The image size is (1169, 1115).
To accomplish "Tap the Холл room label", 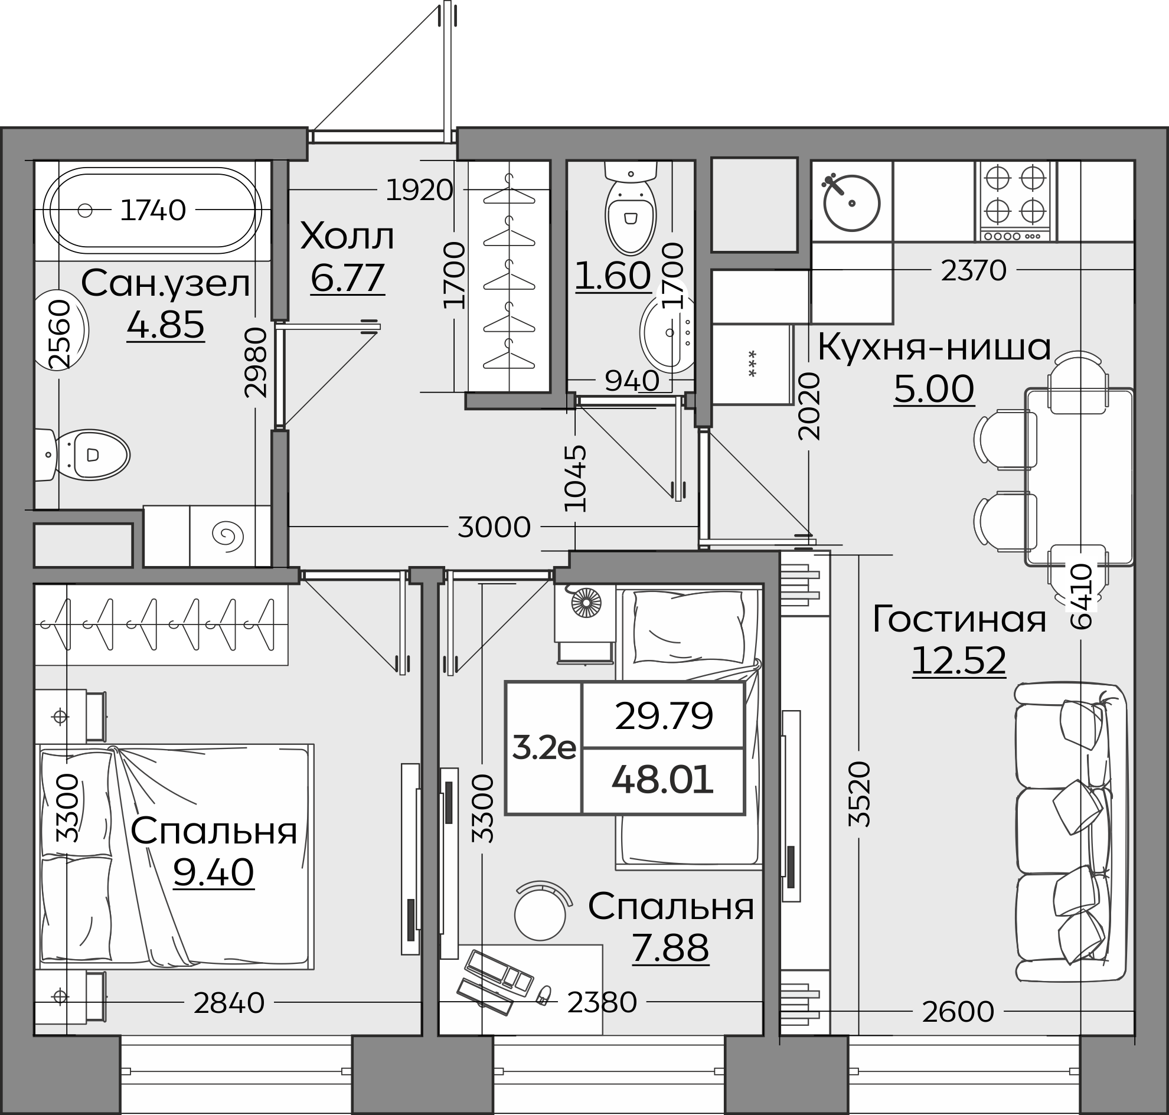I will pos(347,237).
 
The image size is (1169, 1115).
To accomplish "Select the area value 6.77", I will pos(348,277).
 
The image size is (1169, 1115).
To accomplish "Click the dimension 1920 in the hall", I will pos(419,190).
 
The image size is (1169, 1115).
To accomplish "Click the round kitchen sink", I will pos(851,202).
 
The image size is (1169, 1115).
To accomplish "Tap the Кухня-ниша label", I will pos(934,348).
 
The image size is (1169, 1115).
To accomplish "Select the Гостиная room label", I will pos(959,619).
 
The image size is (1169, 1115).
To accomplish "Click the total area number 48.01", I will pos(662,780).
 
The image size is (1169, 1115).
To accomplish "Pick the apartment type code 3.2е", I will pos(544,747).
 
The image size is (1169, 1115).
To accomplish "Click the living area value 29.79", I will pos(664,715).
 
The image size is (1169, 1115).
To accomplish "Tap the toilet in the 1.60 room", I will pos(631,214).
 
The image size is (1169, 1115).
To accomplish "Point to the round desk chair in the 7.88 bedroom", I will pos(540,915).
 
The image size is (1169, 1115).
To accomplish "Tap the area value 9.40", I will pos(214,872).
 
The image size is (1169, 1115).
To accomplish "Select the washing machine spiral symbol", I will pos(228,536).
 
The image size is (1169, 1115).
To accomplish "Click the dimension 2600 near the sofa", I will pos(958,1012).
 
